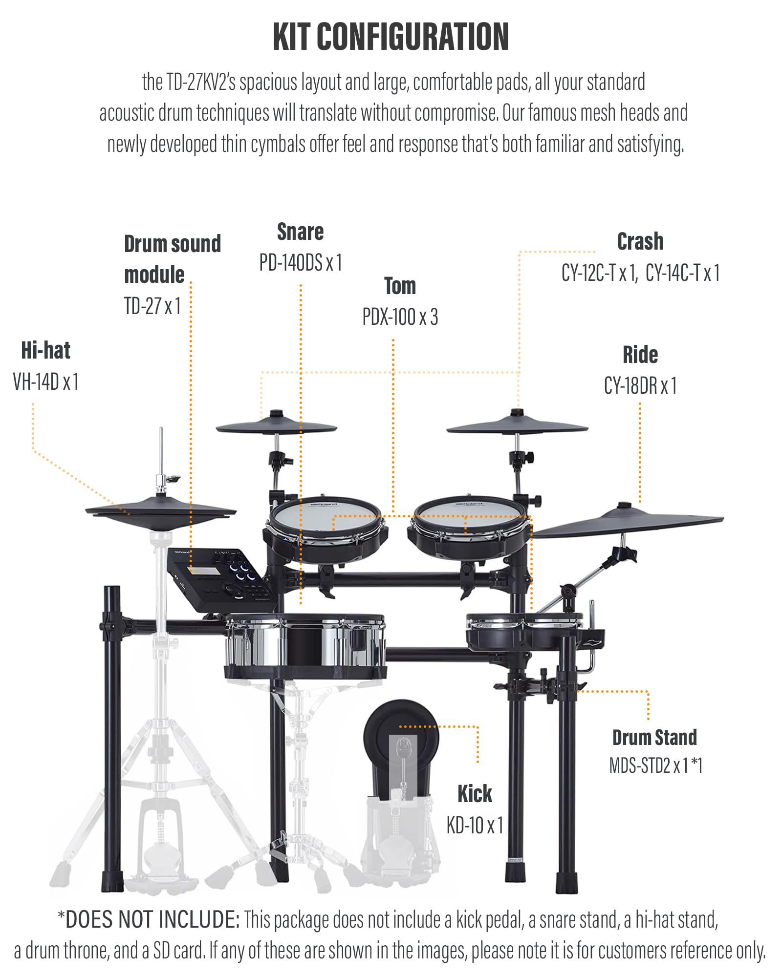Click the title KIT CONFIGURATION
pos(391,37)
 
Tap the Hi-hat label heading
pos(45,350)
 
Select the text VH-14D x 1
pos(45,382)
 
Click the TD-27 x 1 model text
pos(152,306)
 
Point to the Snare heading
pos(300,232)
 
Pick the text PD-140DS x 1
pos(300,263)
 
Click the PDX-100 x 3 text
pos(400,317)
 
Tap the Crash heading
pos(640,241)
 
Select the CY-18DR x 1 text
pos(640,386)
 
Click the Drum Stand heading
pos(654,738)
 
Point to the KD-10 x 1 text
pos(475,826)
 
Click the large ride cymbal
pos(630,523)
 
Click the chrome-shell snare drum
pos(304,645)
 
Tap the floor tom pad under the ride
pos(523,633)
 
